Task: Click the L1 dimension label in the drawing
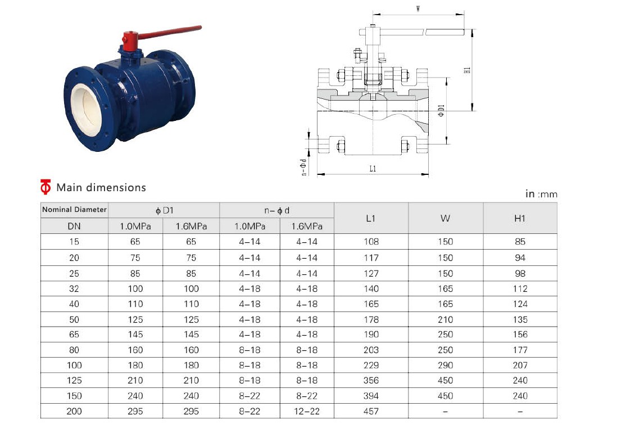coord(373,169)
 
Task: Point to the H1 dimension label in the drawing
coord(467,70)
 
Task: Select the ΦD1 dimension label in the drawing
coord(441,111)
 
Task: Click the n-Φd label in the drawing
coord(303,167)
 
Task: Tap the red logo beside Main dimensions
coord(46,187)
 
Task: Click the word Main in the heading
coord(70,187)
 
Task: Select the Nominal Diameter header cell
coord(74,209)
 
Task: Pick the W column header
coord(445,218)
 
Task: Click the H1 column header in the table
coord(520,218)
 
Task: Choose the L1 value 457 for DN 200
coord(371,412)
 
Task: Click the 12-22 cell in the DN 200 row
coord(307,412)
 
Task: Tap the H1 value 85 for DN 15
coord(520,242)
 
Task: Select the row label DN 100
coord(74,365)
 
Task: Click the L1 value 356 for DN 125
coord(371,381)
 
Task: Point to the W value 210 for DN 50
coord(446,319)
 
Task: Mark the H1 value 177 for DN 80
coord(520,350)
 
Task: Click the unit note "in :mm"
coord(542,194)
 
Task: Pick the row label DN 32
coord(74,289)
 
